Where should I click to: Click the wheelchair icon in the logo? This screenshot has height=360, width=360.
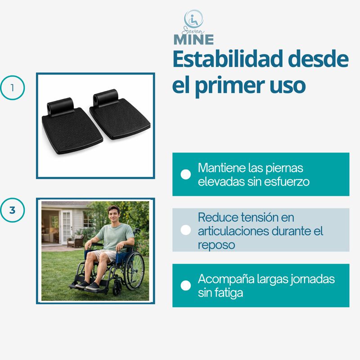tap(193, 19)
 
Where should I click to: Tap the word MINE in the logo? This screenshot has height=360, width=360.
tap(193, 39)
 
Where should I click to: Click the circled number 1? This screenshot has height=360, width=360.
tap(12, 88)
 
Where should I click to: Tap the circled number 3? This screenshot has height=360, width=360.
tap(12, 210)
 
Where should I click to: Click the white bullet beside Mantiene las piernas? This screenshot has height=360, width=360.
tap(185, 174)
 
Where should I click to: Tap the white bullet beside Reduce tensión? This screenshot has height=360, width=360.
tap(185, 230)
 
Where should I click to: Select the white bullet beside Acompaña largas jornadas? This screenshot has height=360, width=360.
tap(185, 285)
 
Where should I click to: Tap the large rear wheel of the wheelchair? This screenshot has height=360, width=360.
tap(134, 270)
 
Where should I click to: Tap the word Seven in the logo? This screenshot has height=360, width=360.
tap(193, 30)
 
